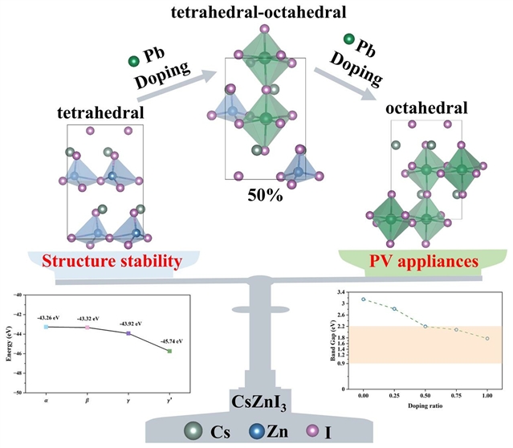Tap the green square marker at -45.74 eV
tap(169, 351)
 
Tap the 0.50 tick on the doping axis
tap(425, 395)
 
